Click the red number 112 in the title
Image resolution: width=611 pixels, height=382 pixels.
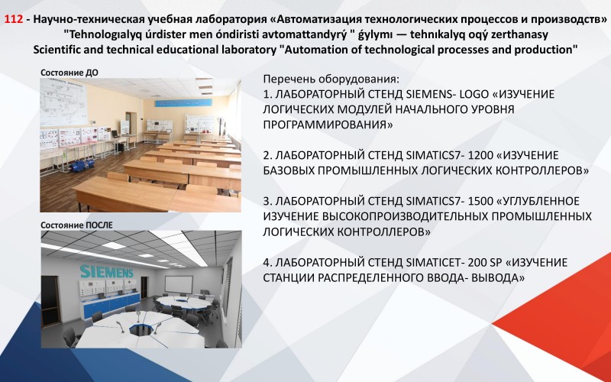pyautogui.click(x=14, y=19)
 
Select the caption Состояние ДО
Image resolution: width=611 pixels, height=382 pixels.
pyautogui.click(x=70, y=73)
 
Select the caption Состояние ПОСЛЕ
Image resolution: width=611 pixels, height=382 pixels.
pyautogui.click(x=77, y=225)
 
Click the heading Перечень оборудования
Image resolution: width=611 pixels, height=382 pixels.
pyautogui.click(x=331, y=79)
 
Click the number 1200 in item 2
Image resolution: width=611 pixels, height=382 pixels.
pyautogui.click(x=480, y=156)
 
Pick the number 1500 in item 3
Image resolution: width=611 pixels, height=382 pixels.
pyautogui.click(x=480, y=201)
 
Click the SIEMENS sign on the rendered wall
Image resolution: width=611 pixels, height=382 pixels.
pyautogui.click(x=106, y=271)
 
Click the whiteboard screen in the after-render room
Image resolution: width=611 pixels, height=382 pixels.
pyautogui.click(x=179, y=284)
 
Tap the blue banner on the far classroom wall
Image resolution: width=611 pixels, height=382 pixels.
pyautogui.click(x=183, y=103)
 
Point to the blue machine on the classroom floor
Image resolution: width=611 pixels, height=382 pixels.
pyautogui.click(x=82, y=165)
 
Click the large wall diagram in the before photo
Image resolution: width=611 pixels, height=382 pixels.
pyautogui.click(x=63, y=102)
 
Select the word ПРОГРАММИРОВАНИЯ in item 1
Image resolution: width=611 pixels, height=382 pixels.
pyautogui.click(x=328, y=125)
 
